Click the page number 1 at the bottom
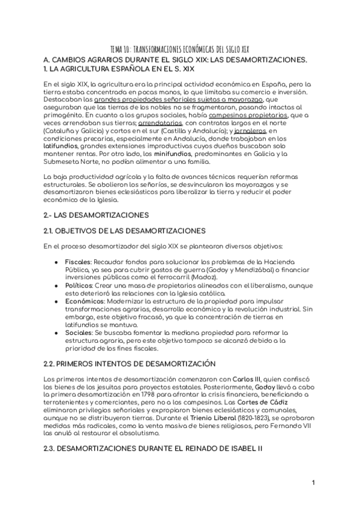click(313, 483)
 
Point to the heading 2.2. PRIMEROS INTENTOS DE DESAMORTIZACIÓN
click(130, 364)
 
